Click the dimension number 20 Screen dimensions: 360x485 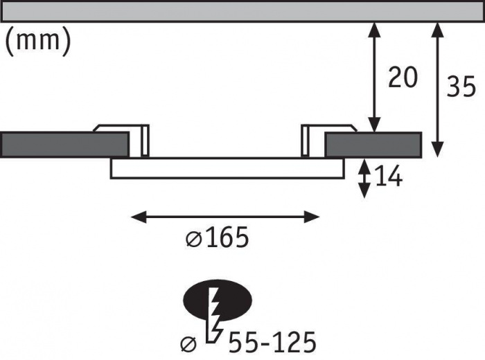click(402, 78)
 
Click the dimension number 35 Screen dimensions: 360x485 click(460, 87)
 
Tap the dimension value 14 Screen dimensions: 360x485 click(388, 178)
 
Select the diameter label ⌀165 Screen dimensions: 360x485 click(217, 239)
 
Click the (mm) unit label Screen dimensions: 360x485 click(38, 42)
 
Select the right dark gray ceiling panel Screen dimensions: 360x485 click(373, 144)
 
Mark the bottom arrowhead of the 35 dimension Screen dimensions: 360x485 click(437, 149)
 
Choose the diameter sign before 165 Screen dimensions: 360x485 click(193, 240)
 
